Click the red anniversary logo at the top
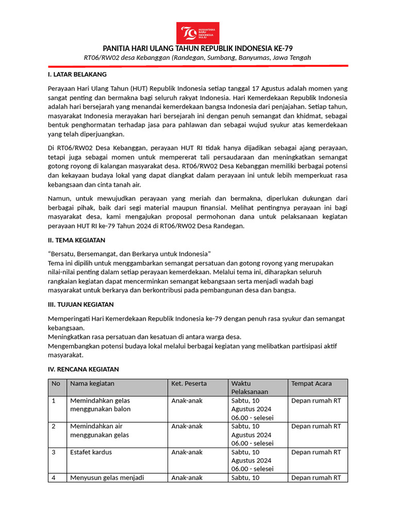coord(197,32)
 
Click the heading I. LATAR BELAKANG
coord(77,74)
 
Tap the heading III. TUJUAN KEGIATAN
coord(80,304)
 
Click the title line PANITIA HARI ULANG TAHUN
coord(198,48)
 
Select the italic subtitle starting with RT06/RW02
coord(197,57)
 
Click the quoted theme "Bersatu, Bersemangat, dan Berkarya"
coord(129,254)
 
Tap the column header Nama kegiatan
coord(92,384)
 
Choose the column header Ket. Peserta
coord(189,384)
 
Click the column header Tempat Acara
coord(311,384)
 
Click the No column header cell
coord(56,384)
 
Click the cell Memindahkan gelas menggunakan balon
coord(101,405)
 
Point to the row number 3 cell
coord(54,452)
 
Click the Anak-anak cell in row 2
coord(187,426)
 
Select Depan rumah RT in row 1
coord(316,401)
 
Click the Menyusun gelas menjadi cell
coord(107,477)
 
